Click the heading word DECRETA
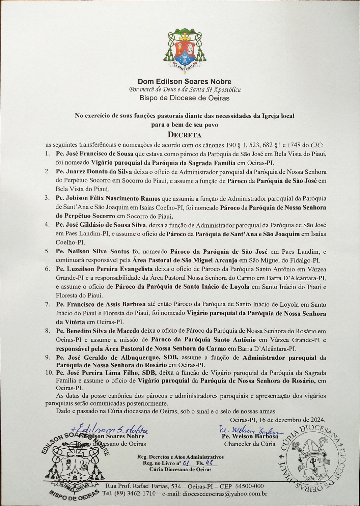(x=185, y=135)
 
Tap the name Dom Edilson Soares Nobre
(x=185, y=81)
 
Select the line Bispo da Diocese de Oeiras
(x=185, y=98)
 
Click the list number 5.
(x=48, y=251)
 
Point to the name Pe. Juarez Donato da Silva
(x=94, y=171)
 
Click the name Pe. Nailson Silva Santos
(x=93, y=251)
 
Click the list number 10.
(x=49, y=373)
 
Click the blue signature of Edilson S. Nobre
(x=111, y=429)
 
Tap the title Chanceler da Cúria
(x=250, y=444)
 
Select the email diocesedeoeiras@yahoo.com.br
(x=225, y=494)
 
